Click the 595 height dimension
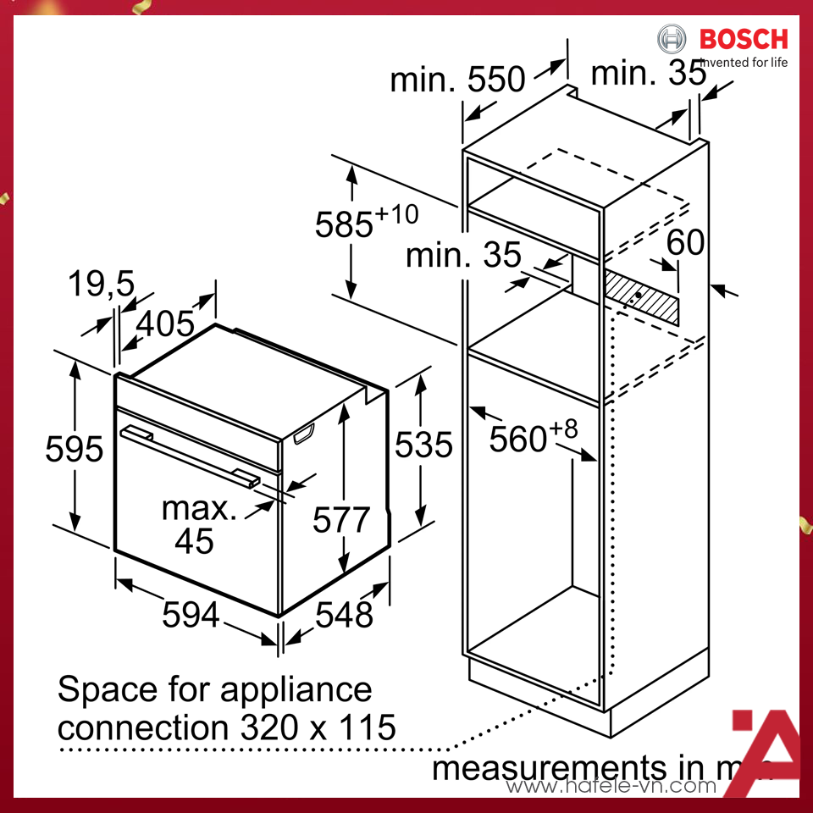pyautogui.click(x=74, y=449)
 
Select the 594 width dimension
pyautogui.click(x=191, y=615)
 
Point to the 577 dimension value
pyautogui.click(x=341, y=519)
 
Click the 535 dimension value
pyautogui.click(x=423, y=443)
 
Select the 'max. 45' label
pyautogui.click(x=199, y=524)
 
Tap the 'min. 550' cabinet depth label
pyautogui.click(x=457, y=80)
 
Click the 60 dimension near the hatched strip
pyautogui.click(x=685, y=242)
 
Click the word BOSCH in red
pyautogui.click(x=743, y=38)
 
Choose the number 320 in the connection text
pyautogui.click(x=260, y=727)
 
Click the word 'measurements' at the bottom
pyautogui.click(x=548, y=767)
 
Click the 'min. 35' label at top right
pyautogui.click(x=648, y=74)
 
